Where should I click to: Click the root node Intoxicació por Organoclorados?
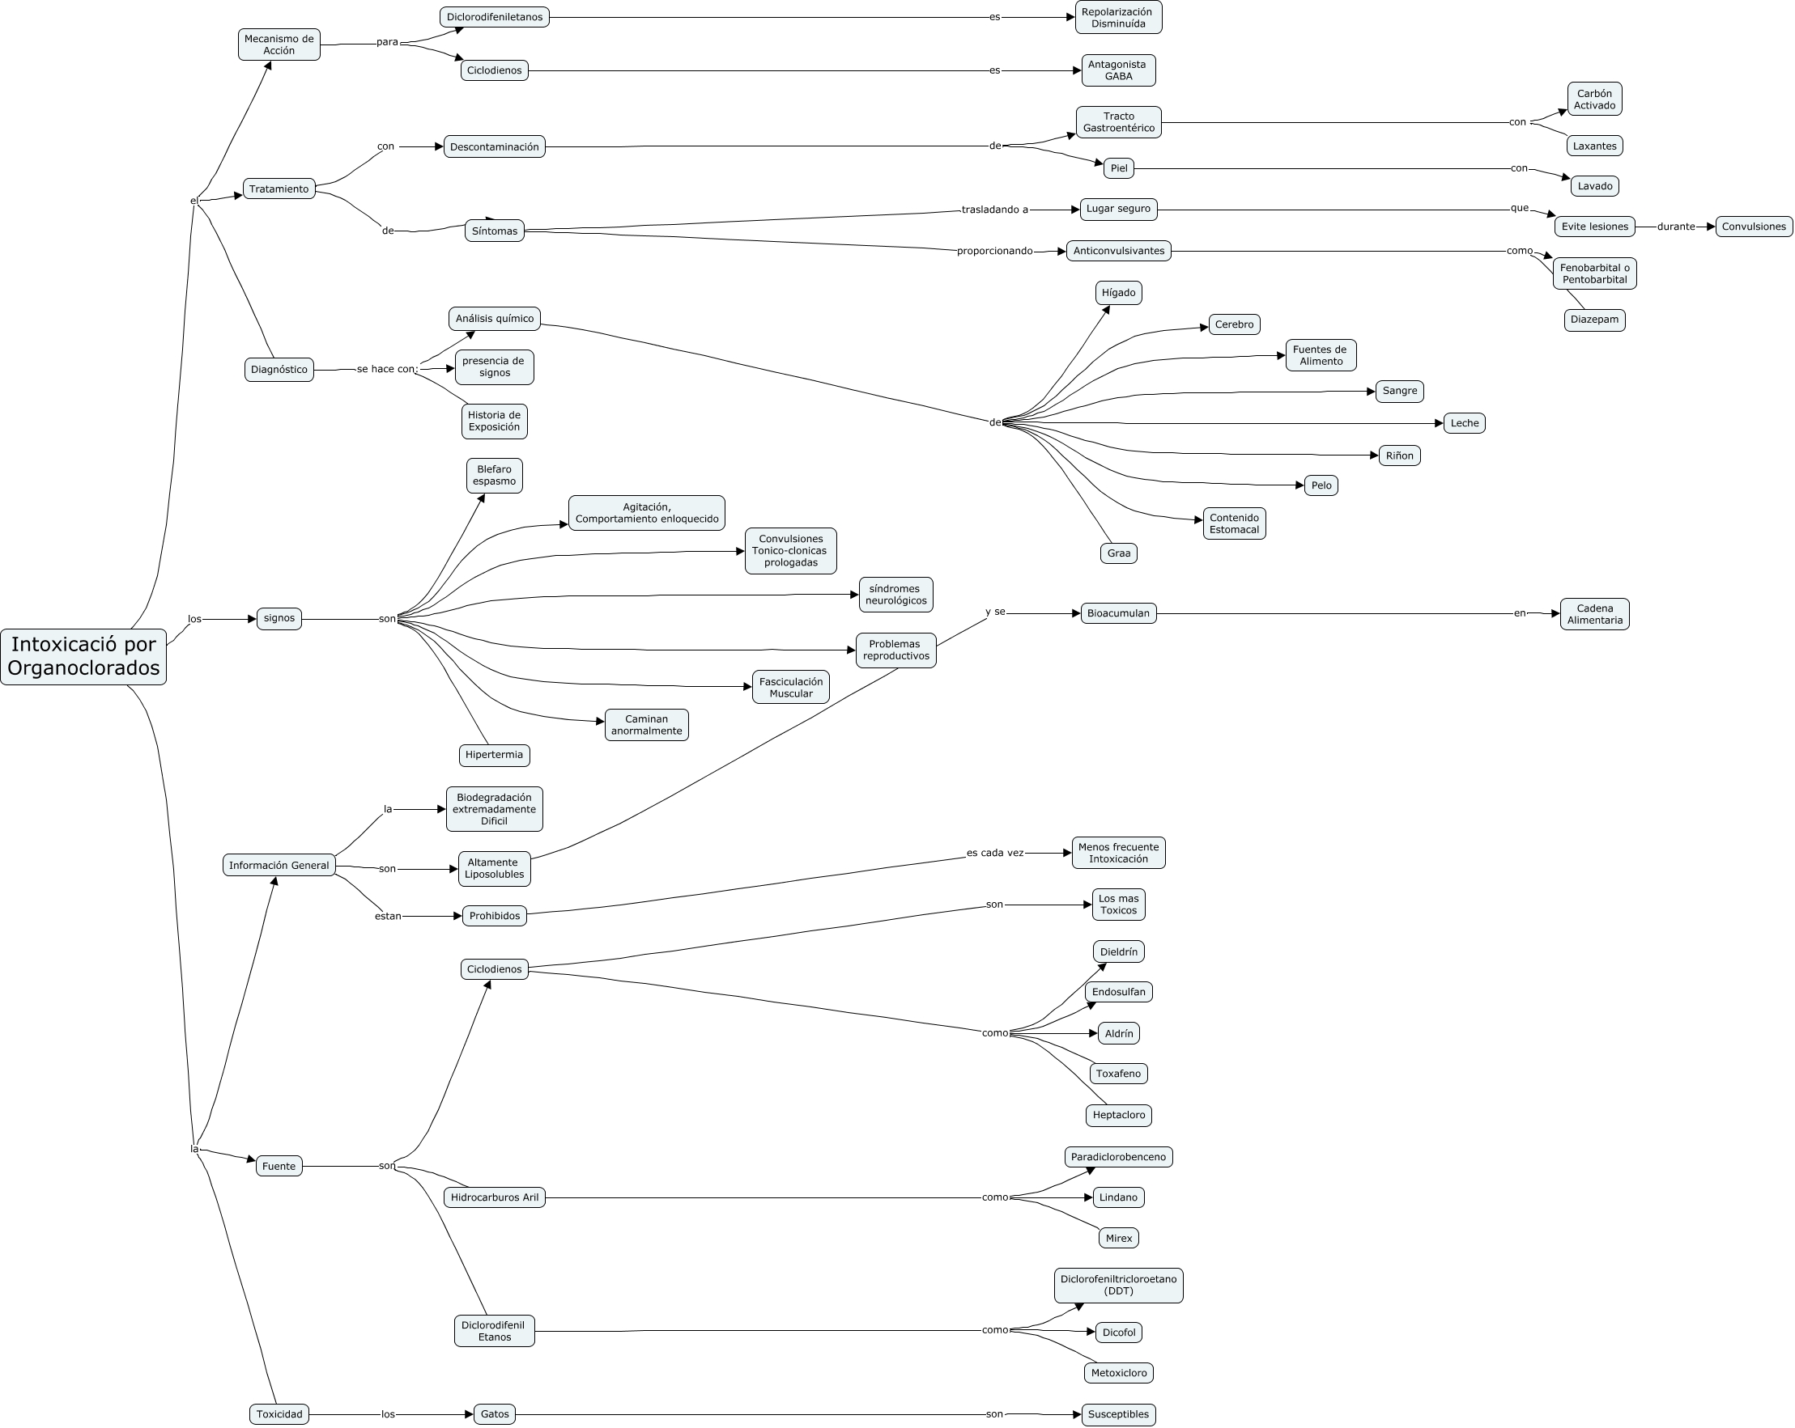click(83, 656)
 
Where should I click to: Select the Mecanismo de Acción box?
click(279, 45)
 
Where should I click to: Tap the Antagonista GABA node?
click(1118, 70)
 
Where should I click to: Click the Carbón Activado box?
click(1594, 100)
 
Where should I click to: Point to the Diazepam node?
click(1594, 320)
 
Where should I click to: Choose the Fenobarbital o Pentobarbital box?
click(1594, 273)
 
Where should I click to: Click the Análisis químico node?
click(495, 319)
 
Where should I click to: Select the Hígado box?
click(1118, 293)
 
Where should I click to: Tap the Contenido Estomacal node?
click(1234, 524)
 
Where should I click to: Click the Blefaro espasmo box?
click(495, 475)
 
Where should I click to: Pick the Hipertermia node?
click(495, 756)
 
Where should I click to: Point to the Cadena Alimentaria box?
click(1594, 614)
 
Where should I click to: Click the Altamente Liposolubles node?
click(495, 869)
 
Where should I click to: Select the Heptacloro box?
click(1118, 1115)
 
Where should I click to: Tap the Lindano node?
click(1118, 1197)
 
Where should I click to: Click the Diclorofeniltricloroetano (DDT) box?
click(1118, 1286)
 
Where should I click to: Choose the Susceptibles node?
click(1118, 1415)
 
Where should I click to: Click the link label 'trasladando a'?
click(995, 210)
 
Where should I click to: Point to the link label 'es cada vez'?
click(995, 853)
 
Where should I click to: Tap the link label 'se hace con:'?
click(387, 370)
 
